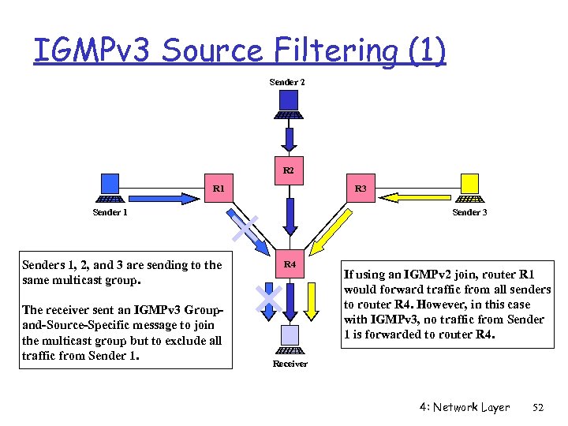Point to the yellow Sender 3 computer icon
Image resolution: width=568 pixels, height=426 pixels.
470,188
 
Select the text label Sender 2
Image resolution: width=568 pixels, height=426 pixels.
287,82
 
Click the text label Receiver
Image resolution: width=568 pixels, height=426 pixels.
290,364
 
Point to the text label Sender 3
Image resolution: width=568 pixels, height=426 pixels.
469,212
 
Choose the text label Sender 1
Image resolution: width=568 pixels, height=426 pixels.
110,212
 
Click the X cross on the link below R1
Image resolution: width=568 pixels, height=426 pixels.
246,229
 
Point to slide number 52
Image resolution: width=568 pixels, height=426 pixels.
539,407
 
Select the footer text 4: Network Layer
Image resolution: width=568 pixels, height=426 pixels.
465,407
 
